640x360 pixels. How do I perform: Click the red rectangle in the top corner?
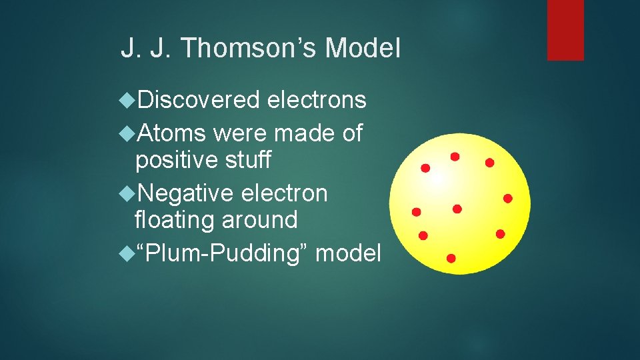click(x=565, y=29)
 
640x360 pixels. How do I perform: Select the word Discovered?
click(x=198, y=100)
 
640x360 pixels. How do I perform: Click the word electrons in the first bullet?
click(x=317, y=100)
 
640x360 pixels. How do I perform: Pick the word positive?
click(x=176, y=160)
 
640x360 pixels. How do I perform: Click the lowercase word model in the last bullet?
click(x=348, y=253)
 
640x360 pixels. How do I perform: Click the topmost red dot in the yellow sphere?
click(x=455, y=157)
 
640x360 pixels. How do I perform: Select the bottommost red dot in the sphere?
click(x=451, y=257)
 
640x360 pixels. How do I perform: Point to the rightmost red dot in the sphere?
click(x=507, y=198)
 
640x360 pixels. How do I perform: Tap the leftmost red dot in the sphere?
click(x=416, y=212)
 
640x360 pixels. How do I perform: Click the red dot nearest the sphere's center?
click(x=457, y=209)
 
